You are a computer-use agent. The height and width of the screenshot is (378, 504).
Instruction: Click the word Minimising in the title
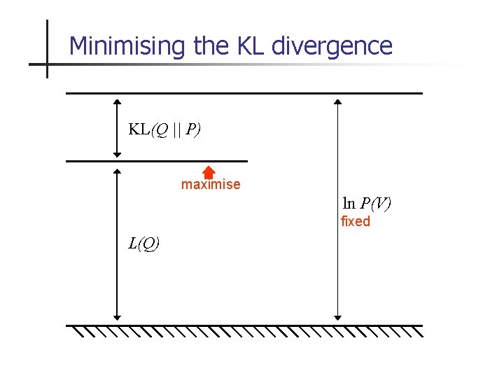pyautogui.click(x=128, y=46)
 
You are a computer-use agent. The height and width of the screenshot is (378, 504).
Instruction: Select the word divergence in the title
pyautogui.click(x=332, y=46)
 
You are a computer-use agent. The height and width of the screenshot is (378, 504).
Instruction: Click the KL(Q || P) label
pyautogui.click(x=164, y=129)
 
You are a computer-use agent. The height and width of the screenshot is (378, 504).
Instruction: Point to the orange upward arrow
pyautogui.click(x=208, y=172)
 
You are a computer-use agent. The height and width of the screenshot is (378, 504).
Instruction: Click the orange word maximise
pyautogui.click(x=211, y=185)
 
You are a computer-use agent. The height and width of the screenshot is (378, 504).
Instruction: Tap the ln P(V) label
pyautogui.click(x=367, y=204)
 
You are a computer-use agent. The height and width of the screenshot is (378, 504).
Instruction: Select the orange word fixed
pyautogui.click(x=355, y=222)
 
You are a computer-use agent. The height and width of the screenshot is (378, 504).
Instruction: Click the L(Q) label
pyautogui.click(x=143, y=244)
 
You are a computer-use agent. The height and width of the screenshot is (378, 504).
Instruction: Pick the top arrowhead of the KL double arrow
pyautogui.click(x=117, y=101)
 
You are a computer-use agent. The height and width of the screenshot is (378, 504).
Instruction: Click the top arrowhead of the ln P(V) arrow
pyautogui.click(x=337, y=102)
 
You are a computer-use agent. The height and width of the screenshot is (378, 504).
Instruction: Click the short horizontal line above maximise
pyautogui.click(x=157, y=162)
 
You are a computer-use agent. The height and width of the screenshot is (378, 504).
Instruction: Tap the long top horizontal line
pyautogui.click(x=244, y=93)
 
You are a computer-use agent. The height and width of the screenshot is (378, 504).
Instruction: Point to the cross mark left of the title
pyautogui.click(x=47, y=64)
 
